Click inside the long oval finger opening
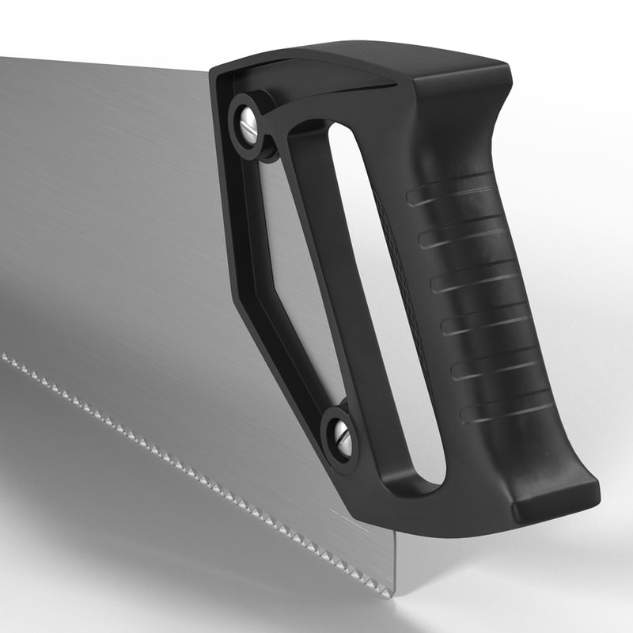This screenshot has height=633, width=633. coord(380,301)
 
